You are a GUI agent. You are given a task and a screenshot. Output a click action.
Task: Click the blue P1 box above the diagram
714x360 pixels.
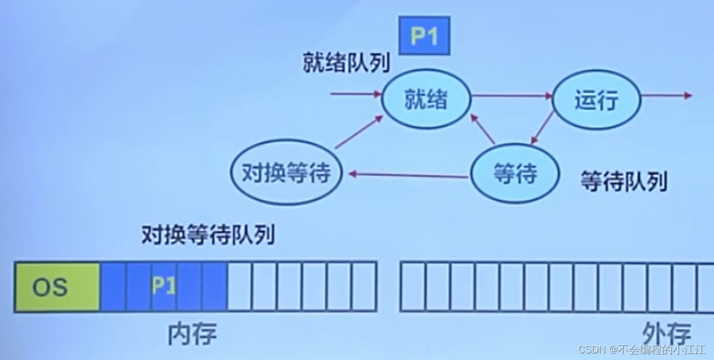(424, 36)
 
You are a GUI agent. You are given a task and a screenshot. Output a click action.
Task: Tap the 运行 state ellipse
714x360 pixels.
(596, 100)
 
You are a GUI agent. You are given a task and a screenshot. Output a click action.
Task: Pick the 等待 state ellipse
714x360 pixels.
(515, 175)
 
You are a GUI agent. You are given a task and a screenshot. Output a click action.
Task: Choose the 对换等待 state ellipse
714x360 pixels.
(286, 173)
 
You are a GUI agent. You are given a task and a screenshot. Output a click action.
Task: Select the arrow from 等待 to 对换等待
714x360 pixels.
(408, 175)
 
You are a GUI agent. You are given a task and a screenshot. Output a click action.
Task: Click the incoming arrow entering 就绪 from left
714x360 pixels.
(356, 94)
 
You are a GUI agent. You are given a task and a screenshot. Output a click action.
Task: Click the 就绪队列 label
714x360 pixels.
(346, 64)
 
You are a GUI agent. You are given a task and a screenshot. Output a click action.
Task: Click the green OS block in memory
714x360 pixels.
(57, 287)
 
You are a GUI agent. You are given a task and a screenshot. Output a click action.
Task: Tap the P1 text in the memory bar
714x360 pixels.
(164, 286)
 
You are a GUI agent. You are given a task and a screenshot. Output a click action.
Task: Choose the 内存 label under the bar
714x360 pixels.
(192, 334)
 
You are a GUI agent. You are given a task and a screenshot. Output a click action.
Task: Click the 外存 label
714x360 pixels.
(667, 334)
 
